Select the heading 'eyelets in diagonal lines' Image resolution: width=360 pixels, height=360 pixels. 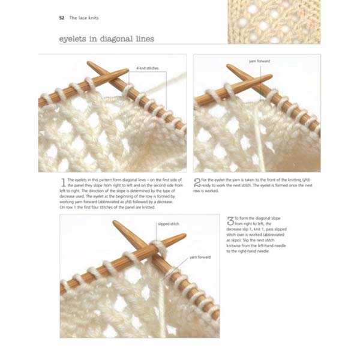pos(106,39)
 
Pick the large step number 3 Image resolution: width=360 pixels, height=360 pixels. pos(230,221)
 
